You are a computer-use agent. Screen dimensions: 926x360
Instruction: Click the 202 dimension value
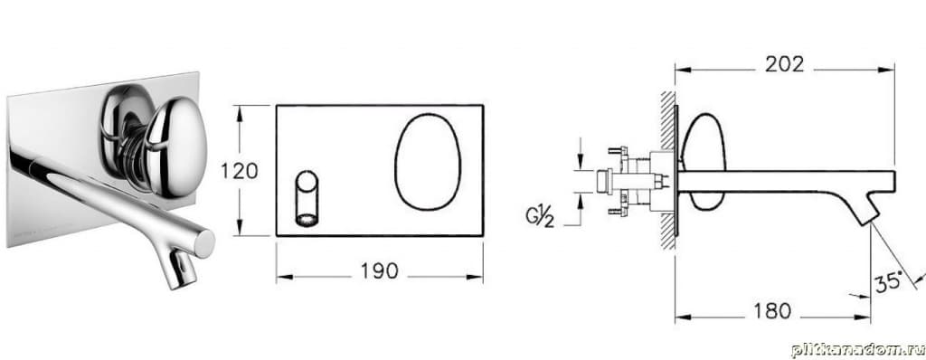784,64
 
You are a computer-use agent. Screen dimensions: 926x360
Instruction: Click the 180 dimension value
772,311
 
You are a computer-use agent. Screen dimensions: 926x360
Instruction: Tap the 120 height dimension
239,171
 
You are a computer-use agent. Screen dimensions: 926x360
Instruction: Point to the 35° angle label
889,281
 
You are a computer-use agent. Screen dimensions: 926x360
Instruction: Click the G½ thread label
541,217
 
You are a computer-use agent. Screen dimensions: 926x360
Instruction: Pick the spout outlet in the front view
307,199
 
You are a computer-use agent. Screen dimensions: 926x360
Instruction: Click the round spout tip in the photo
204,243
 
